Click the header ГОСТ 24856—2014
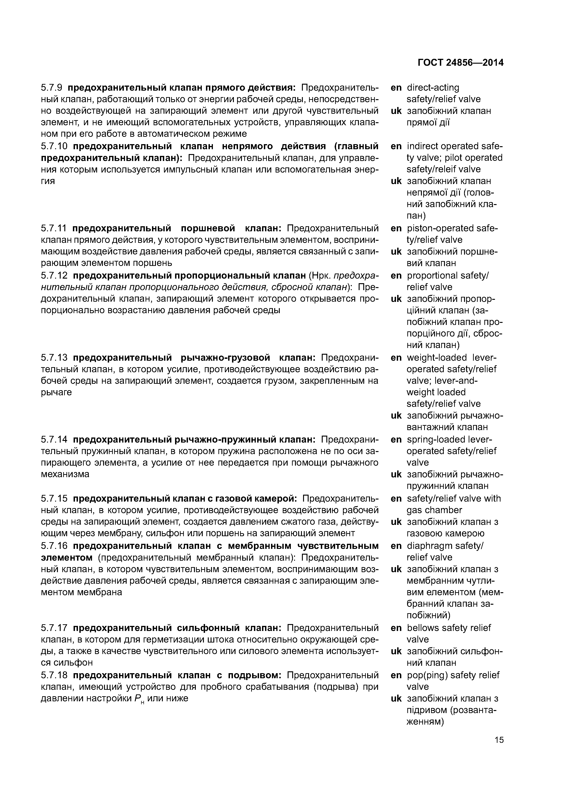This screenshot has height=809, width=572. tap(460, 63)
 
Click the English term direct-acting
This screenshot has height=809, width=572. tap(433, 87)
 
